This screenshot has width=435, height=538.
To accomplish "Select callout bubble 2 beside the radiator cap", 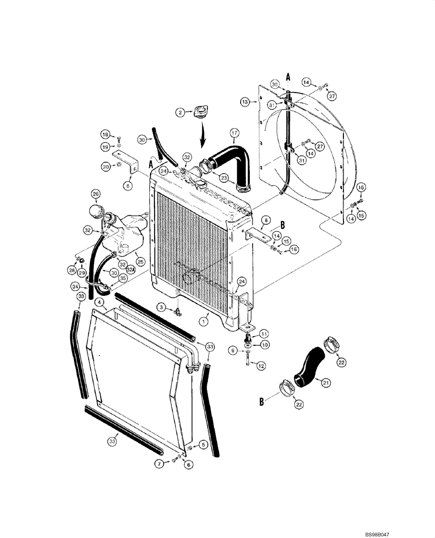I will [x=181, y=112].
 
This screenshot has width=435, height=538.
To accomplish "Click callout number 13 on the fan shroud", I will [x=245, y=101].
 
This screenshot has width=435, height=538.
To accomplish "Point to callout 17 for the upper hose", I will [x=234, y=132].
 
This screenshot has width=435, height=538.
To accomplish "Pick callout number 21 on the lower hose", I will [x=325, y=383].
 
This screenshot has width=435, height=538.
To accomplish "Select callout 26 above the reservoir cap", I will [x=95, y=194].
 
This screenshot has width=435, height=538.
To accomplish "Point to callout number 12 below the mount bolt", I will [x=261, y=366].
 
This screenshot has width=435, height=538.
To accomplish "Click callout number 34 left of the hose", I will [x=76, y=286].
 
